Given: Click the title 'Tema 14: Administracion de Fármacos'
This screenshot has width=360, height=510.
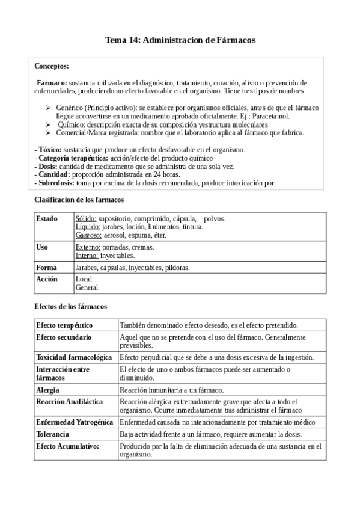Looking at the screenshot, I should point(180,40).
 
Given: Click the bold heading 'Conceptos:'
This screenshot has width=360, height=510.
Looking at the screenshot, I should point(52,66).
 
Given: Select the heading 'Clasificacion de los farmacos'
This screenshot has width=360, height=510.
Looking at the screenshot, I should point(79,200).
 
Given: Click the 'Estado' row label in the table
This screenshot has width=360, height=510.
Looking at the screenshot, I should point(46,218).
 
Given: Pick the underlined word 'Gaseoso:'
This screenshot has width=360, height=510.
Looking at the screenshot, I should point(88,235).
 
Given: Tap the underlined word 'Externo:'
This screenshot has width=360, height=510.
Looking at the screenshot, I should point(88,247).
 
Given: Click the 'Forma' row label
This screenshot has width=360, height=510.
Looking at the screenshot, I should point(46,268).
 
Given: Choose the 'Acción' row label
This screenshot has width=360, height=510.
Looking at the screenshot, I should point(47,280).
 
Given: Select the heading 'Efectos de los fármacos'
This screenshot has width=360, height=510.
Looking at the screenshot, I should point(70,307).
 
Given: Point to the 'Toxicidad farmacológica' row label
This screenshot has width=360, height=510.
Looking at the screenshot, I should point(73,357).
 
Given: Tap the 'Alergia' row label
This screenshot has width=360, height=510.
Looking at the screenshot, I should point(47,390).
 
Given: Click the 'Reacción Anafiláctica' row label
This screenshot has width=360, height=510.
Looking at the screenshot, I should point(69,401).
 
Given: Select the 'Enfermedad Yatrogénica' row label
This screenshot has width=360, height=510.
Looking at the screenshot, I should point(75,422).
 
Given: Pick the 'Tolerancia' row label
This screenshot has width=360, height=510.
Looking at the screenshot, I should point(52,434).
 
